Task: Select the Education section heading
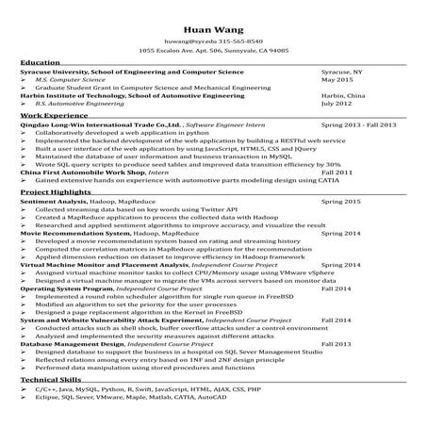click(x=40, y=62)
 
